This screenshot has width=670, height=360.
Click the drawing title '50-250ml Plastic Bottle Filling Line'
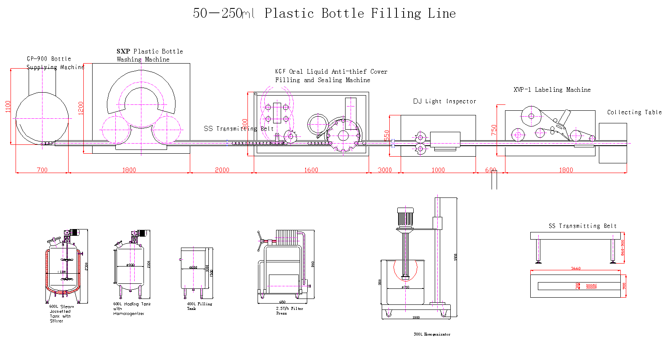[324, 13]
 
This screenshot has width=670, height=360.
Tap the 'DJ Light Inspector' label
[444, 101]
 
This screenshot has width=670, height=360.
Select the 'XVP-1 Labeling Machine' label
[552, 90]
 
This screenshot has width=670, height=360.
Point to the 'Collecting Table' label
[634, 112]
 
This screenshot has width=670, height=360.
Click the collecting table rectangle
[613, 143]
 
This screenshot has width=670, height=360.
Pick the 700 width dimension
[42, 170]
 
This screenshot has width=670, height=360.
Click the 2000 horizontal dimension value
[222, 170]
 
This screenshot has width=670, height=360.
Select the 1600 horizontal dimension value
[311, 170]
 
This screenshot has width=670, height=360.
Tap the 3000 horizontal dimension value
[385, 170]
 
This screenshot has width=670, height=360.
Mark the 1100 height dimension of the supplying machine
[8, 106]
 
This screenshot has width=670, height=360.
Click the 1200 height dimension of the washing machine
[81, 108]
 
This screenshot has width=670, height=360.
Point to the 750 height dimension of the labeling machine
[494, 130]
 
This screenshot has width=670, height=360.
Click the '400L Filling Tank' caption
[199, 306]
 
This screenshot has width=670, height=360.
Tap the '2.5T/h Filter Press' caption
[289, 311]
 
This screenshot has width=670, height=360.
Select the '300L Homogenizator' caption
[432, 334]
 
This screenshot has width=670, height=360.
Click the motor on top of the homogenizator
[405, 217]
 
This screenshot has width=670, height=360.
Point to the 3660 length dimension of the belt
[576, 269]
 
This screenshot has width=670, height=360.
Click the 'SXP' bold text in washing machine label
[123, 51]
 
